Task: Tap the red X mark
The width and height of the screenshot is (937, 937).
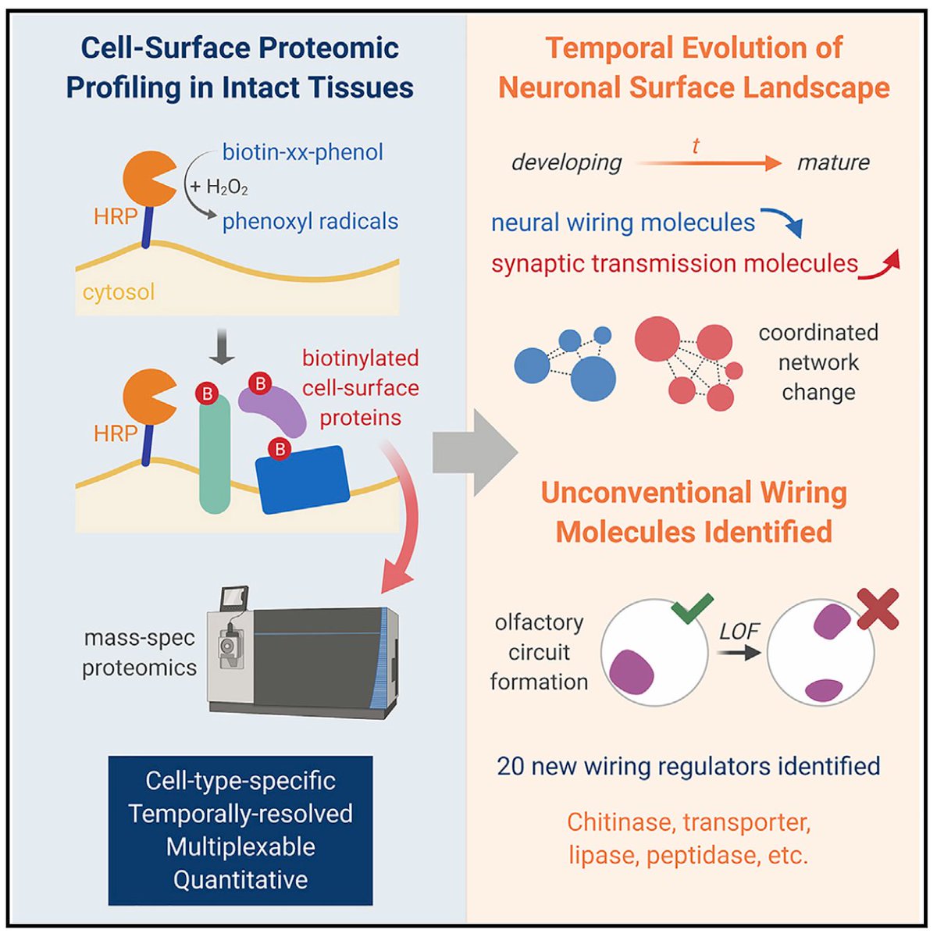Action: (x=878, y=608)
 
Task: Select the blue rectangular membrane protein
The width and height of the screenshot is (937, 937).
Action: (x=303, y=479)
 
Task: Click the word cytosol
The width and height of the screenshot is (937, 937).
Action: (x=119, y=292)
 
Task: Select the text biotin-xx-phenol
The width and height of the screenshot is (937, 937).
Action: (x=303, y=151)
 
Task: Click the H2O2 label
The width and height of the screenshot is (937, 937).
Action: (x=226, y=187)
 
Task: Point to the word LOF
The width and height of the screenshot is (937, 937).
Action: (x=739, y=631)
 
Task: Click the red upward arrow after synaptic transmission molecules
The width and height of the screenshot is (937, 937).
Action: (x=882, y=264)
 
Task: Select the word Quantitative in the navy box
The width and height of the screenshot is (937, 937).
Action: (x=240, y=880)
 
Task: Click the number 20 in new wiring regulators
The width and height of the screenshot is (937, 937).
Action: (x=511, y=766)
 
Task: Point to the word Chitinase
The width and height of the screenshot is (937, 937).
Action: (x=618, y=822)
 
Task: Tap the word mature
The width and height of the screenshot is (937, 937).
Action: (x=833, y=162)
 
